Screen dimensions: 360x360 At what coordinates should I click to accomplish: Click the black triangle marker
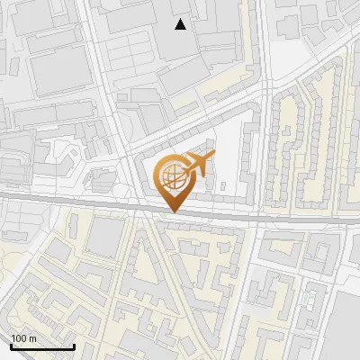181,24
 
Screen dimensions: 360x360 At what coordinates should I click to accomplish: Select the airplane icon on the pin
197,165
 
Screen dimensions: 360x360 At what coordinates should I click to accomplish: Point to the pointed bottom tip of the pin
173,212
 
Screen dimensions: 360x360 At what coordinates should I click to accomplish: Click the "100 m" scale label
23,338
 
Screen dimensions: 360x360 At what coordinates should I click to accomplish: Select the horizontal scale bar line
42,346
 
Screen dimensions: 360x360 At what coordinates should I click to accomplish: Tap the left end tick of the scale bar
11,346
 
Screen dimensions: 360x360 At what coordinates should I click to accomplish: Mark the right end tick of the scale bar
74,346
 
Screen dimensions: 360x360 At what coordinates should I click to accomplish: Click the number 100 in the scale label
19,338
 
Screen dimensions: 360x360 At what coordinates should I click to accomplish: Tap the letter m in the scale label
32,338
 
